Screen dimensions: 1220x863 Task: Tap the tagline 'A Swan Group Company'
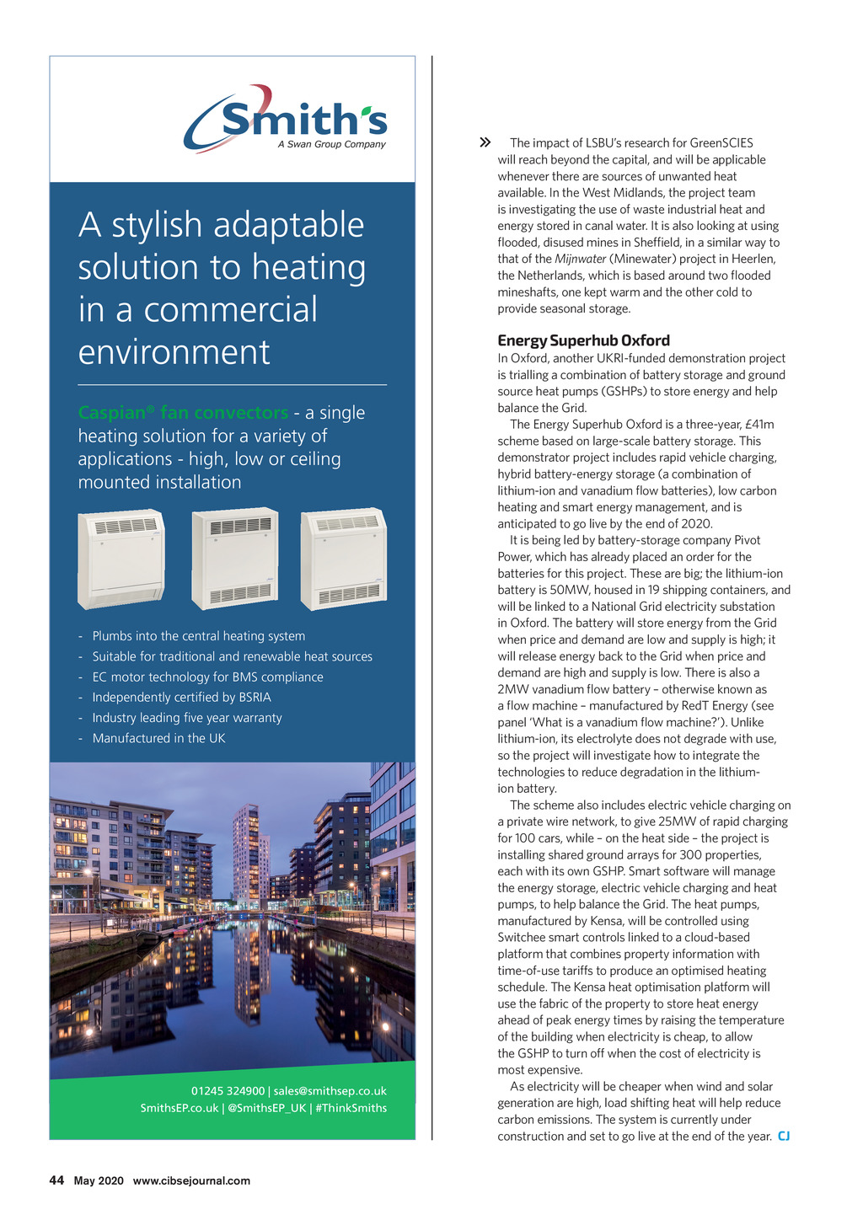tap(331, 144)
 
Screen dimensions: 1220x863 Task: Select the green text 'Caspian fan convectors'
tap(183, 413)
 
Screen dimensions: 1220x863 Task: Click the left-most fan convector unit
tap(121, 559)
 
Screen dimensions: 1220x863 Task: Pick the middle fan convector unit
tap(235, 559)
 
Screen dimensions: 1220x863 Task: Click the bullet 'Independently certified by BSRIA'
tap(181, 698)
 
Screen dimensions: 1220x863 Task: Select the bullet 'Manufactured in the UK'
tap(158, 738)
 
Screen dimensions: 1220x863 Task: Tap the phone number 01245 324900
tap(228, 1091)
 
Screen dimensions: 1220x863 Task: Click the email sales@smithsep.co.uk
tap(330, 1091)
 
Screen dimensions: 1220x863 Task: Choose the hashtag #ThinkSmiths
tap(351, 1108)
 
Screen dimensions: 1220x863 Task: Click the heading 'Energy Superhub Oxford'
tap(583, 340)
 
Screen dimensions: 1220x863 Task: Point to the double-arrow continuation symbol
tap(485, 143)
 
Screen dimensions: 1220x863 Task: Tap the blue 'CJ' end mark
tap(784, 1137)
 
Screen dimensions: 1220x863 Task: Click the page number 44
tap(56, 1180)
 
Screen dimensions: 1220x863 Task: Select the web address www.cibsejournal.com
tap(191, 1180)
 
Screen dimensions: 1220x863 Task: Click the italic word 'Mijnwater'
tap(580, 259)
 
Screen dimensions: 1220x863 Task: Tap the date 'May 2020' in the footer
tap(99, 1180)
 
